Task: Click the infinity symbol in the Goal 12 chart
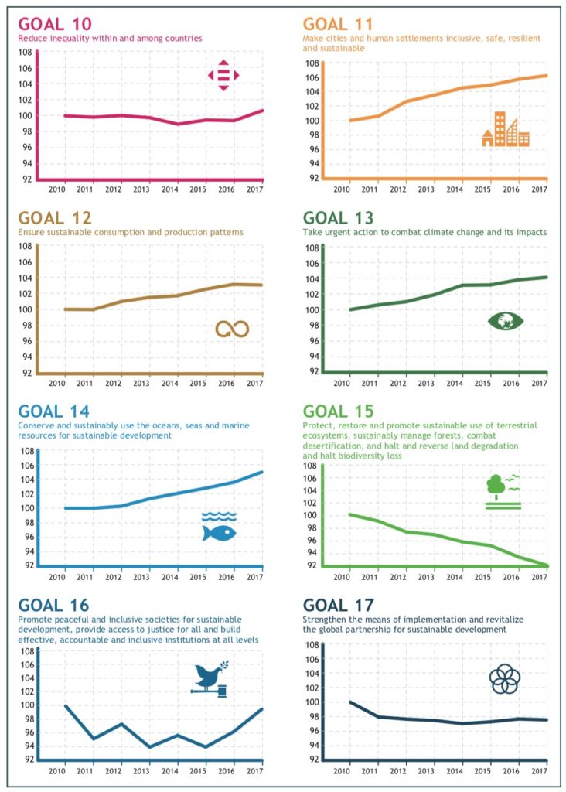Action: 232,329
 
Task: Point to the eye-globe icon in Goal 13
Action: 506,320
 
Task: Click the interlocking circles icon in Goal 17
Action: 505,679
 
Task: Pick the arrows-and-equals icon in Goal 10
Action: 223,75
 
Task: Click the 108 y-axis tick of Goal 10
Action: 25,52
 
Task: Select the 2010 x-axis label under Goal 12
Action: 56,383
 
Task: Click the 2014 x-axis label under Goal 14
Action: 172,576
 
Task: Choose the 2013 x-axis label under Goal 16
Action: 142,770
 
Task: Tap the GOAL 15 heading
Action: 338,411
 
